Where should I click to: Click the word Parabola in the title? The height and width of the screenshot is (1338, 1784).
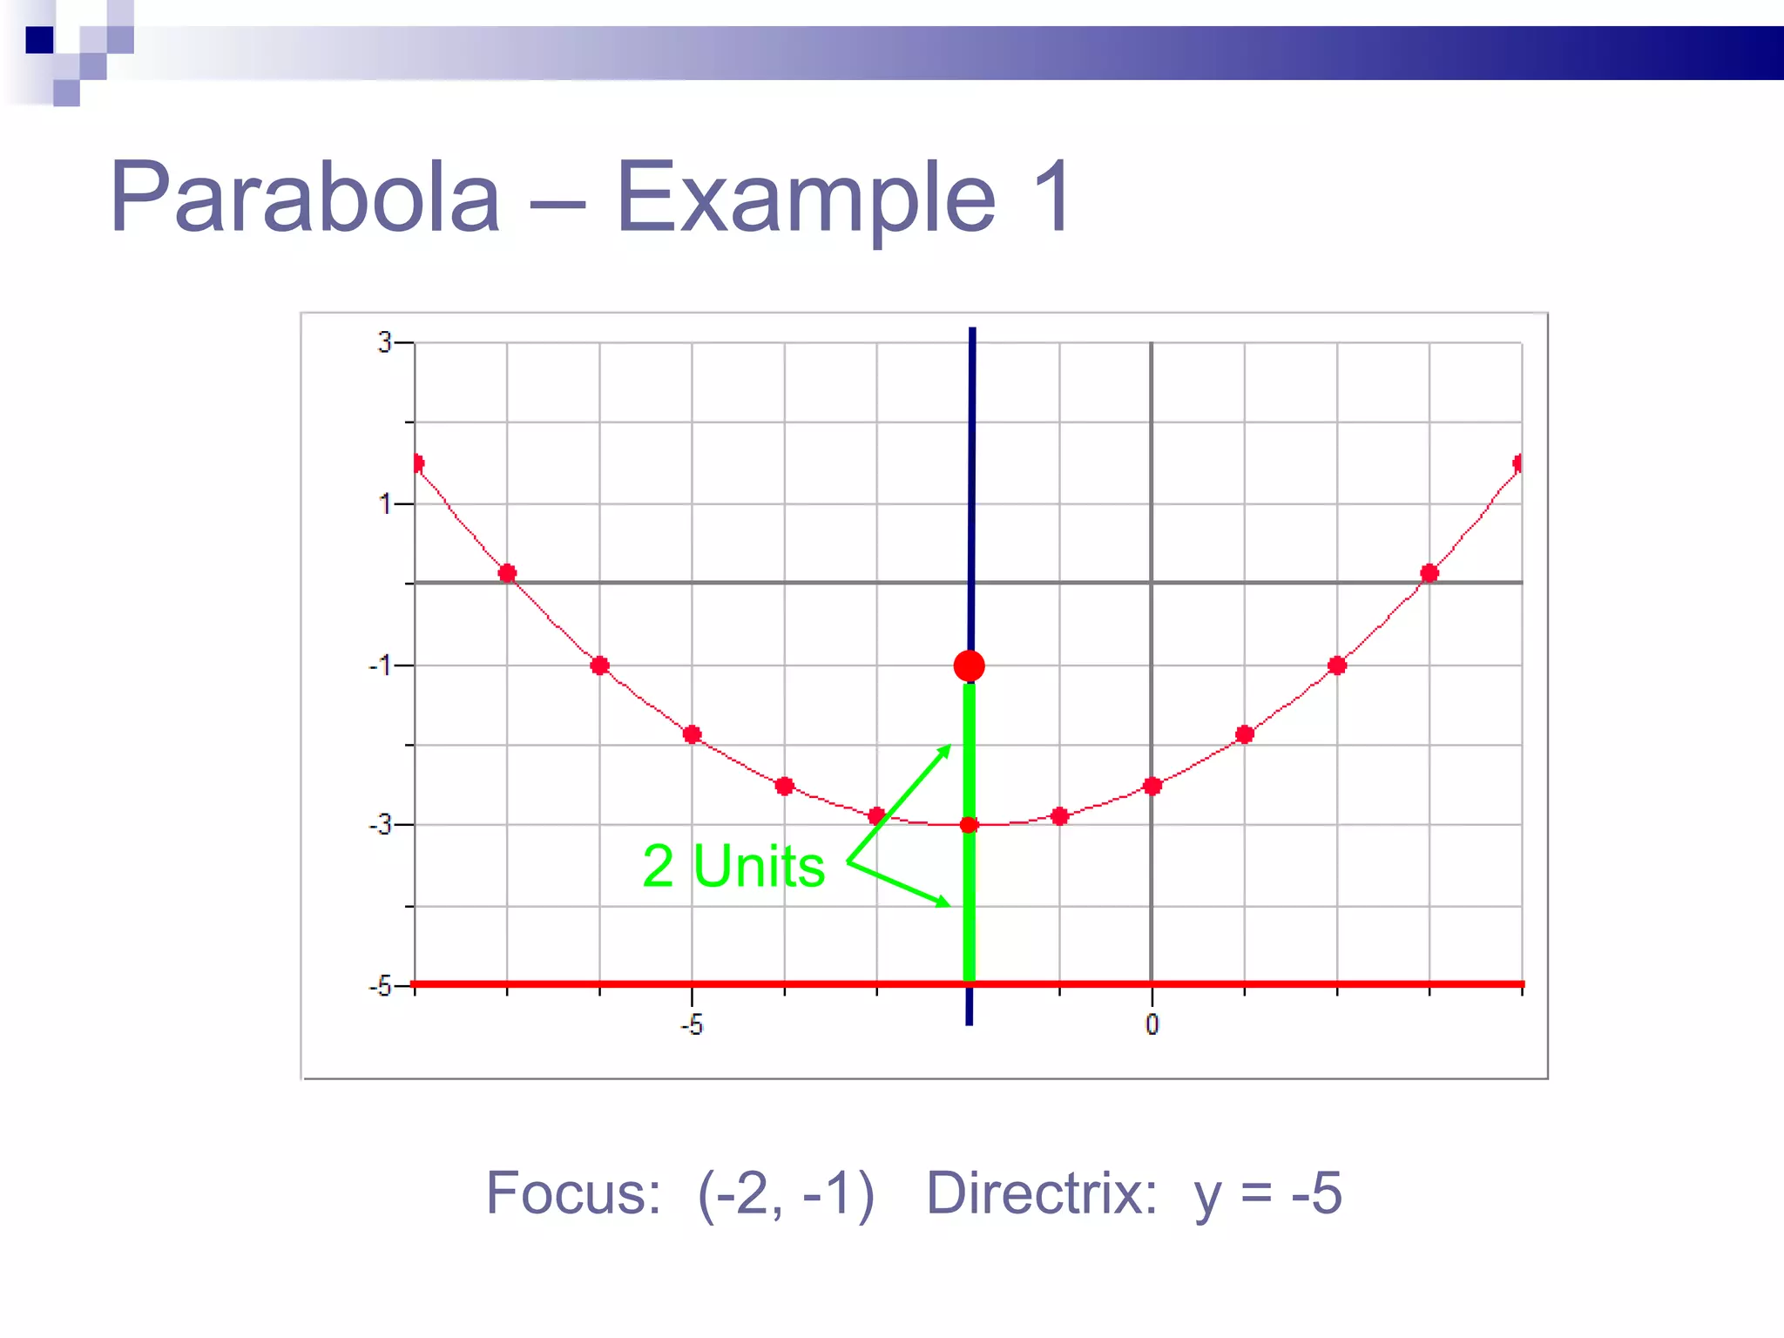[305, 199]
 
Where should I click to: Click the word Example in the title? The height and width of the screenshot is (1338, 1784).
[806, 199]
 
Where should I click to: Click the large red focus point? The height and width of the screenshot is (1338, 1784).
[970, 666]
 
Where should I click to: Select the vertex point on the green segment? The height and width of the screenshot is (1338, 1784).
[970, 824]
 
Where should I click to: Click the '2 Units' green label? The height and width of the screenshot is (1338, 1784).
[733, 867]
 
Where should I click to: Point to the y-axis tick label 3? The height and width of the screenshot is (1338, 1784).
[384, 343]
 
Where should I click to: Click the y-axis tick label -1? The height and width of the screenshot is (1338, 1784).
[380, 666]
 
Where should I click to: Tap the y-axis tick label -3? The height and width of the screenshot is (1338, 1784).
[380, 825]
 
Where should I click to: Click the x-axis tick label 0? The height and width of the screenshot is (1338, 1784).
[1152, 1025]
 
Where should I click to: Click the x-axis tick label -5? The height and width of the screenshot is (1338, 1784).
[691, 1025]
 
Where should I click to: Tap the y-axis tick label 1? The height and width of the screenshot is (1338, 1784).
[384, 504]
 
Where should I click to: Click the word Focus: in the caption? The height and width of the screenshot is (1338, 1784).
[573, 1193]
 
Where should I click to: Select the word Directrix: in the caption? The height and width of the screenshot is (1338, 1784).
[1042, 1193]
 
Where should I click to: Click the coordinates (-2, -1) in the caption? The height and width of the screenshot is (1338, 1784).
[786, 1193]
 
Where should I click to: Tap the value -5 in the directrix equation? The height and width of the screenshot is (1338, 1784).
[1316, 1193]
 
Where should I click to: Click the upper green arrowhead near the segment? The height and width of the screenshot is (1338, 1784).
[944, 750]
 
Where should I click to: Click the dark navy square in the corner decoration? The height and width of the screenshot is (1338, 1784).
[39, 40]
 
